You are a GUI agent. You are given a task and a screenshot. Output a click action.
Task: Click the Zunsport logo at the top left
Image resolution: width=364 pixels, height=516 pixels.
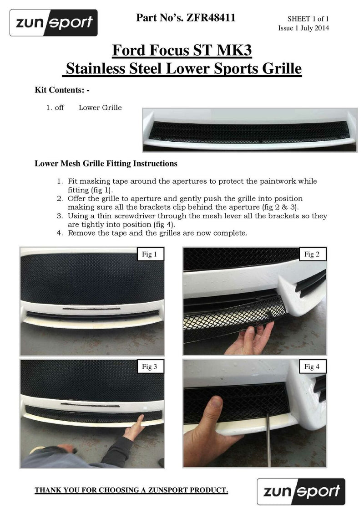pos(54,23)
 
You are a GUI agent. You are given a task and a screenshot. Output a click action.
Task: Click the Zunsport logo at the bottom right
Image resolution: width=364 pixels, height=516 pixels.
pos(301,491)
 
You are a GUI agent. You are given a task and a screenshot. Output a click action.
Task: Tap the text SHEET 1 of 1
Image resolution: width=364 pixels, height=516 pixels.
pos(308,19)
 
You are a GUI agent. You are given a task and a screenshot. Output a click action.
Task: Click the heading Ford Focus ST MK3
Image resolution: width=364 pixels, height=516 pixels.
pos(182,50)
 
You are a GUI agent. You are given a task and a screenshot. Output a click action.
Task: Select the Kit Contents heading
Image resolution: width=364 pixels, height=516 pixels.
pos(62,90)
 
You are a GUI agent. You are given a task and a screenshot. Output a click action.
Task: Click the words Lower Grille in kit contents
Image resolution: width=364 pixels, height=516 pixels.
pos(100,108)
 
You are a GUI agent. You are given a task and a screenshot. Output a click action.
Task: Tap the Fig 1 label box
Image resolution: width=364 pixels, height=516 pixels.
pos(149,255)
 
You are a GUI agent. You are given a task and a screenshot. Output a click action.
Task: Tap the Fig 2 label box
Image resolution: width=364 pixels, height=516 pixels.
pos(312,255)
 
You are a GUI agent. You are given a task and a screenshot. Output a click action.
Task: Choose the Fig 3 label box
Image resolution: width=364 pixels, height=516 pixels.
pos(149,367)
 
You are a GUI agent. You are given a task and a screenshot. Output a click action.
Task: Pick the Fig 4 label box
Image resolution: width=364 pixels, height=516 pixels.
pos(312,367)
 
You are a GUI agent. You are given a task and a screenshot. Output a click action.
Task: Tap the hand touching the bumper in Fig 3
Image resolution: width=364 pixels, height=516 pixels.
pos(134,429)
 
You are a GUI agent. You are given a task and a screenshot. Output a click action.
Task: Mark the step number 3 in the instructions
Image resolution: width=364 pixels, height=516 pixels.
pos(59,216)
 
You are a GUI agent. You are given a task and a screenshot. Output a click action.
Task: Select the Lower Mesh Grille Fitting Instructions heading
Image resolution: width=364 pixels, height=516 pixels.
pos(106,163)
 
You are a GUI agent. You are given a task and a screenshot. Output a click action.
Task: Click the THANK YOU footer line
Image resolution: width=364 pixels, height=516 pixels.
pos(131,490)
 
